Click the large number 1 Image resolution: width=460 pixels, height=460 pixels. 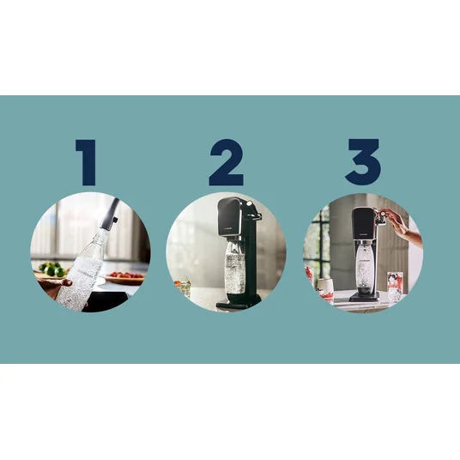[x=88, y=162]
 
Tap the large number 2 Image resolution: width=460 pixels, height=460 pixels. [x=227, y=162]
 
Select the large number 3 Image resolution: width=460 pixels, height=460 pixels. [x=363, y=161]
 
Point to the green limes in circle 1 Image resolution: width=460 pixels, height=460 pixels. [x=52, y=269]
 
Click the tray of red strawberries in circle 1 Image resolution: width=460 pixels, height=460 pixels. [x=124, y=277]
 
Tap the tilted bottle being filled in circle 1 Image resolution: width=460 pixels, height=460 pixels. [x=83, y=269]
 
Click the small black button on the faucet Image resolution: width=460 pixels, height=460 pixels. [x=116, y=220]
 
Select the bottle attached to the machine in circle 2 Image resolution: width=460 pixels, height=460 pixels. [x=234, y=267]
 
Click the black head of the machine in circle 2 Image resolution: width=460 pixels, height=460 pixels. [x=229, y=216]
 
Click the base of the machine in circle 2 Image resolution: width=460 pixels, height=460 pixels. [x=239, y=302]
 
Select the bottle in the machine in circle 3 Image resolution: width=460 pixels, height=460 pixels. [x=363, y=266]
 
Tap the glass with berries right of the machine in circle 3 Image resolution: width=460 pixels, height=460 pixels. [x=395, y=287]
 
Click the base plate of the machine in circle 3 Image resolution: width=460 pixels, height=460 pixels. [x=364, y=297]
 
